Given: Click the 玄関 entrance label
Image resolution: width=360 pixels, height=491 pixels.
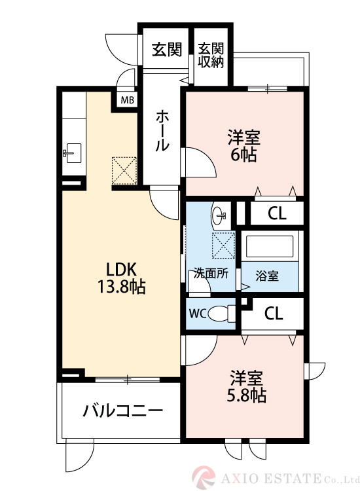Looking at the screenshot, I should pos(167,50).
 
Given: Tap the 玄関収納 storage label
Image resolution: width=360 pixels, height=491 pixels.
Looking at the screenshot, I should pos(211,56).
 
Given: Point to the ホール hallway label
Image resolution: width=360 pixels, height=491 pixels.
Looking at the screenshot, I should pos(162,131).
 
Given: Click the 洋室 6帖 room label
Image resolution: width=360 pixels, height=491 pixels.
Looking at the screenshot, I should pos(243,145).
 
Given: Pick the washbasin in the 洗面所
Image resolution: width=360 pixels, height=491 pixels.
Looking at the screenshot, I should pos(220,214).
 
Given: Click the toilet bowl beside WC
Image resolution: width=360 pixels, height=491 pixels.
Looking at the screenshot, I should pos(223,313).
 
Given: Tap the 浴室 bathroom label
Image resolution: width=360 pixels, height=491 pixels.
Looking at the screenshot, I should pos(267,276).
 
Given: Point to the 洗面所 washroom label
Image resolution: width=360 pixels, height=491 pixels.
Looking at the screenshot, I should pos(211,274).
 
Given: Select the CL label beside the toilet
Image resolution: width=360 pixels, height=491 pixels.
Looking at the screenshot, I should pos(274,314).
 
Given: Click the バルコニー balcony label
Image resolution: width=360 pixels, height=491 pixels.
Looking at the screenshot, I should pos(122,411).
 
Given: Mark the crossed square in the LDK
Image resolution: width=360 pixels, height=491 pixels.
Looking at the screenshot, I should pos(122,170).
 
